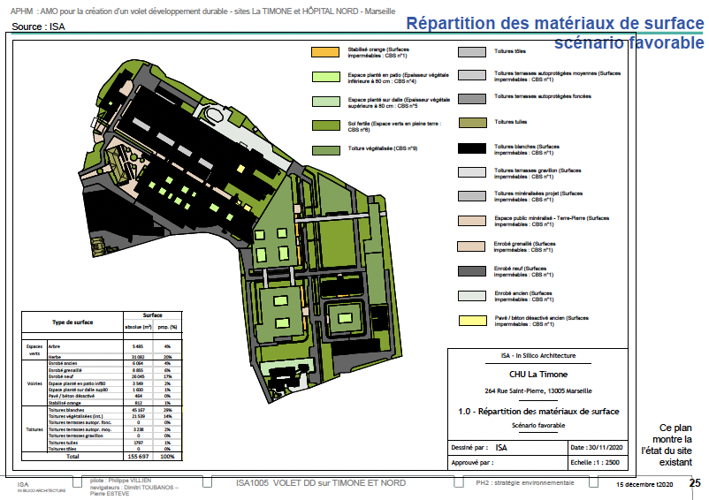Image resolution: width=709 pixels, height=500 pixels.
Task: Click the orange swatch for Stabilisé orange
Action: tap(325, 53)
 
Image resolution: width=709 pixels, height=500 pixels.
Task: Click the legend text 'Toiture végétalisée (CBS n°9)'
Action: tap(382, 148)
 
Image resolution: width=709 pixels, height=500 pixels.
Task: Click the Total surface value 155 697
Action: tap(138, 457)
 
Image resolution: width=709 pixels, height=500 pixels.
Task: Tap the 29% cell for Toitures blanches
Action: tap(167, 411)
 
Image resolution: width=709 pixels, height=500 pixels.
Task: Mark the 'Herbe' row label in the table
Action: tap(54, 356)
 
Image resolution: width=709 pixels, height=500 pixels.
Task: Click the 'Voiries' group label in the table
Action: tap(35, 383)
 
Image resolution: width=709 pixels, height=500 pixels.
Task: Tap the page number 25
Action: tap(695, 483)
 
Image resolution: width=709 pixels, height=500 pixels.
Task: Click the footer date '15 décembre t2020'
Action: tap(644, 484)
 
